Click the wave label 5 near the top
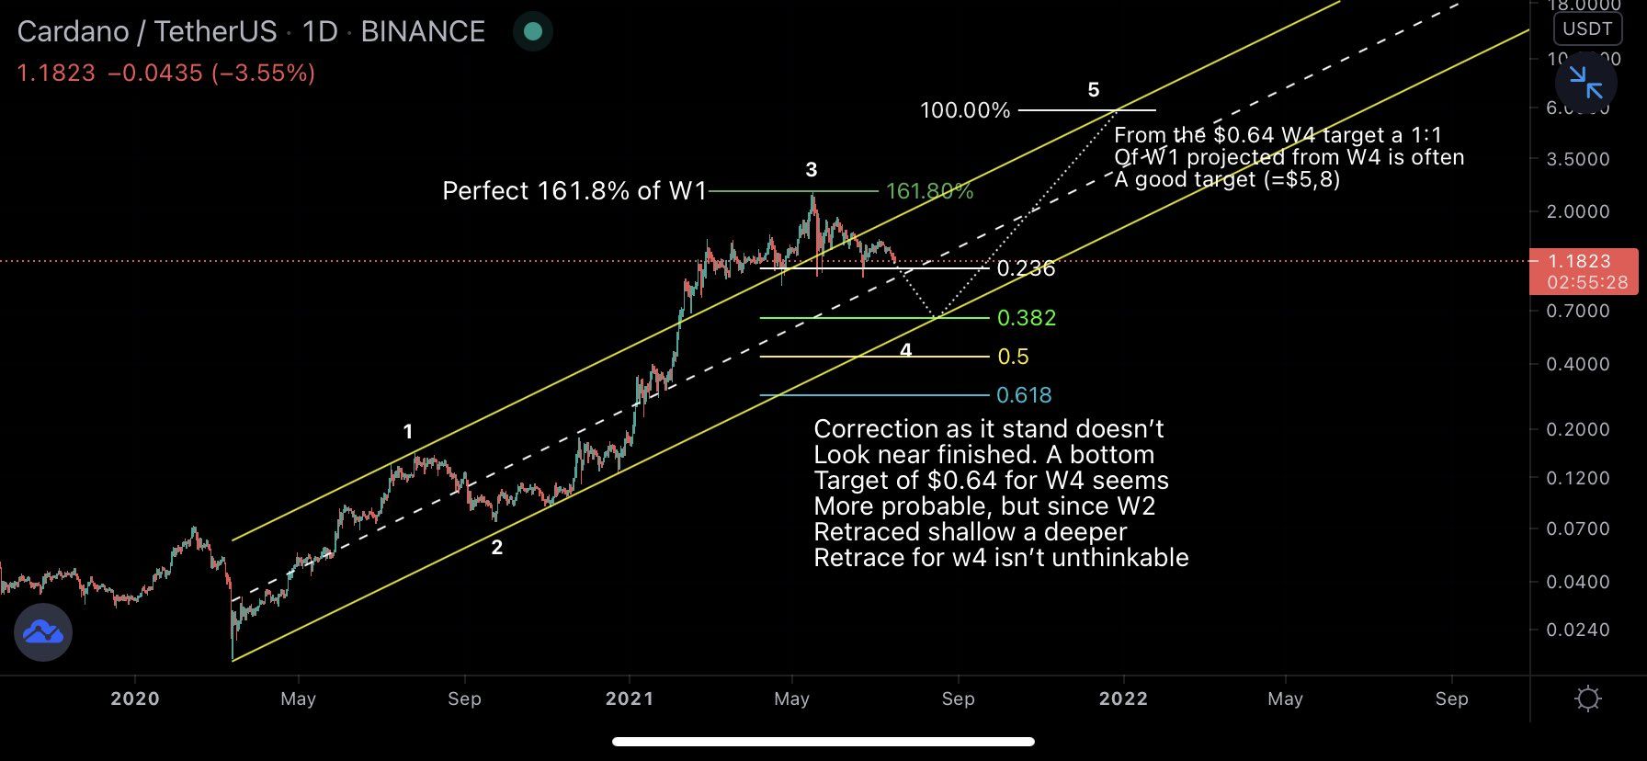pyautogui.click(x=1093, y=89)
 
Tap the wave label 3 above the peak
pyautogui.click(x=811, y=169)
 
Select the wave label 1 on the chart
pyautogui.click(x=408, y=431)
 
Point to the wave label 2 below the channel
pyautogui.click(x=497, y=548)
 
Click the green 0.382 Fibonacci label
pyautogui.click(x=1027, y=318)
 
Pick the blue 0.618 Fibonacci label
pyautogui.click(x=1024, y=395)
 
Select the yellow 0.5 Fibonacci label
pyautogui.click(x=1013, y=357)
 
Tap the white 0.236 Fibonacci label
pyautogui.click(x=1026, y=268)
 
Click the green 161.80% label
pyautogui.click(x=929, y=191)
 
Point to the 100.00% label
pyautogui.click(x=965, y=110)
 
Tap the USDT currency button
pyautogui.click(x=1587, y=28)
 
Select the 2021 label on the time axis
pyautogui.click(x=630, y=699)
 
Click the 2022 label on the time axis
pyautogui.click(x=1123, y=699)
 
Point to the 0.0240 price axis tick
pyautogui.click(x=1577, y=630)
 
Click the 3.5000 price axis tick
pyautogui.click(x=1577, y=159)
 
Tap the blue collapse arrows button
pyautogui.click(x=1585, y=83)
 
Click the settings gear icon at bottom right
pyautogui.click(x=1587, y=699)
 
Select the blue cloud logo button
pyautogui.click(x=43, y=632)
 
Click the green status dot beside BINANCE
pyautogui.click(x=532, y=32)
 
